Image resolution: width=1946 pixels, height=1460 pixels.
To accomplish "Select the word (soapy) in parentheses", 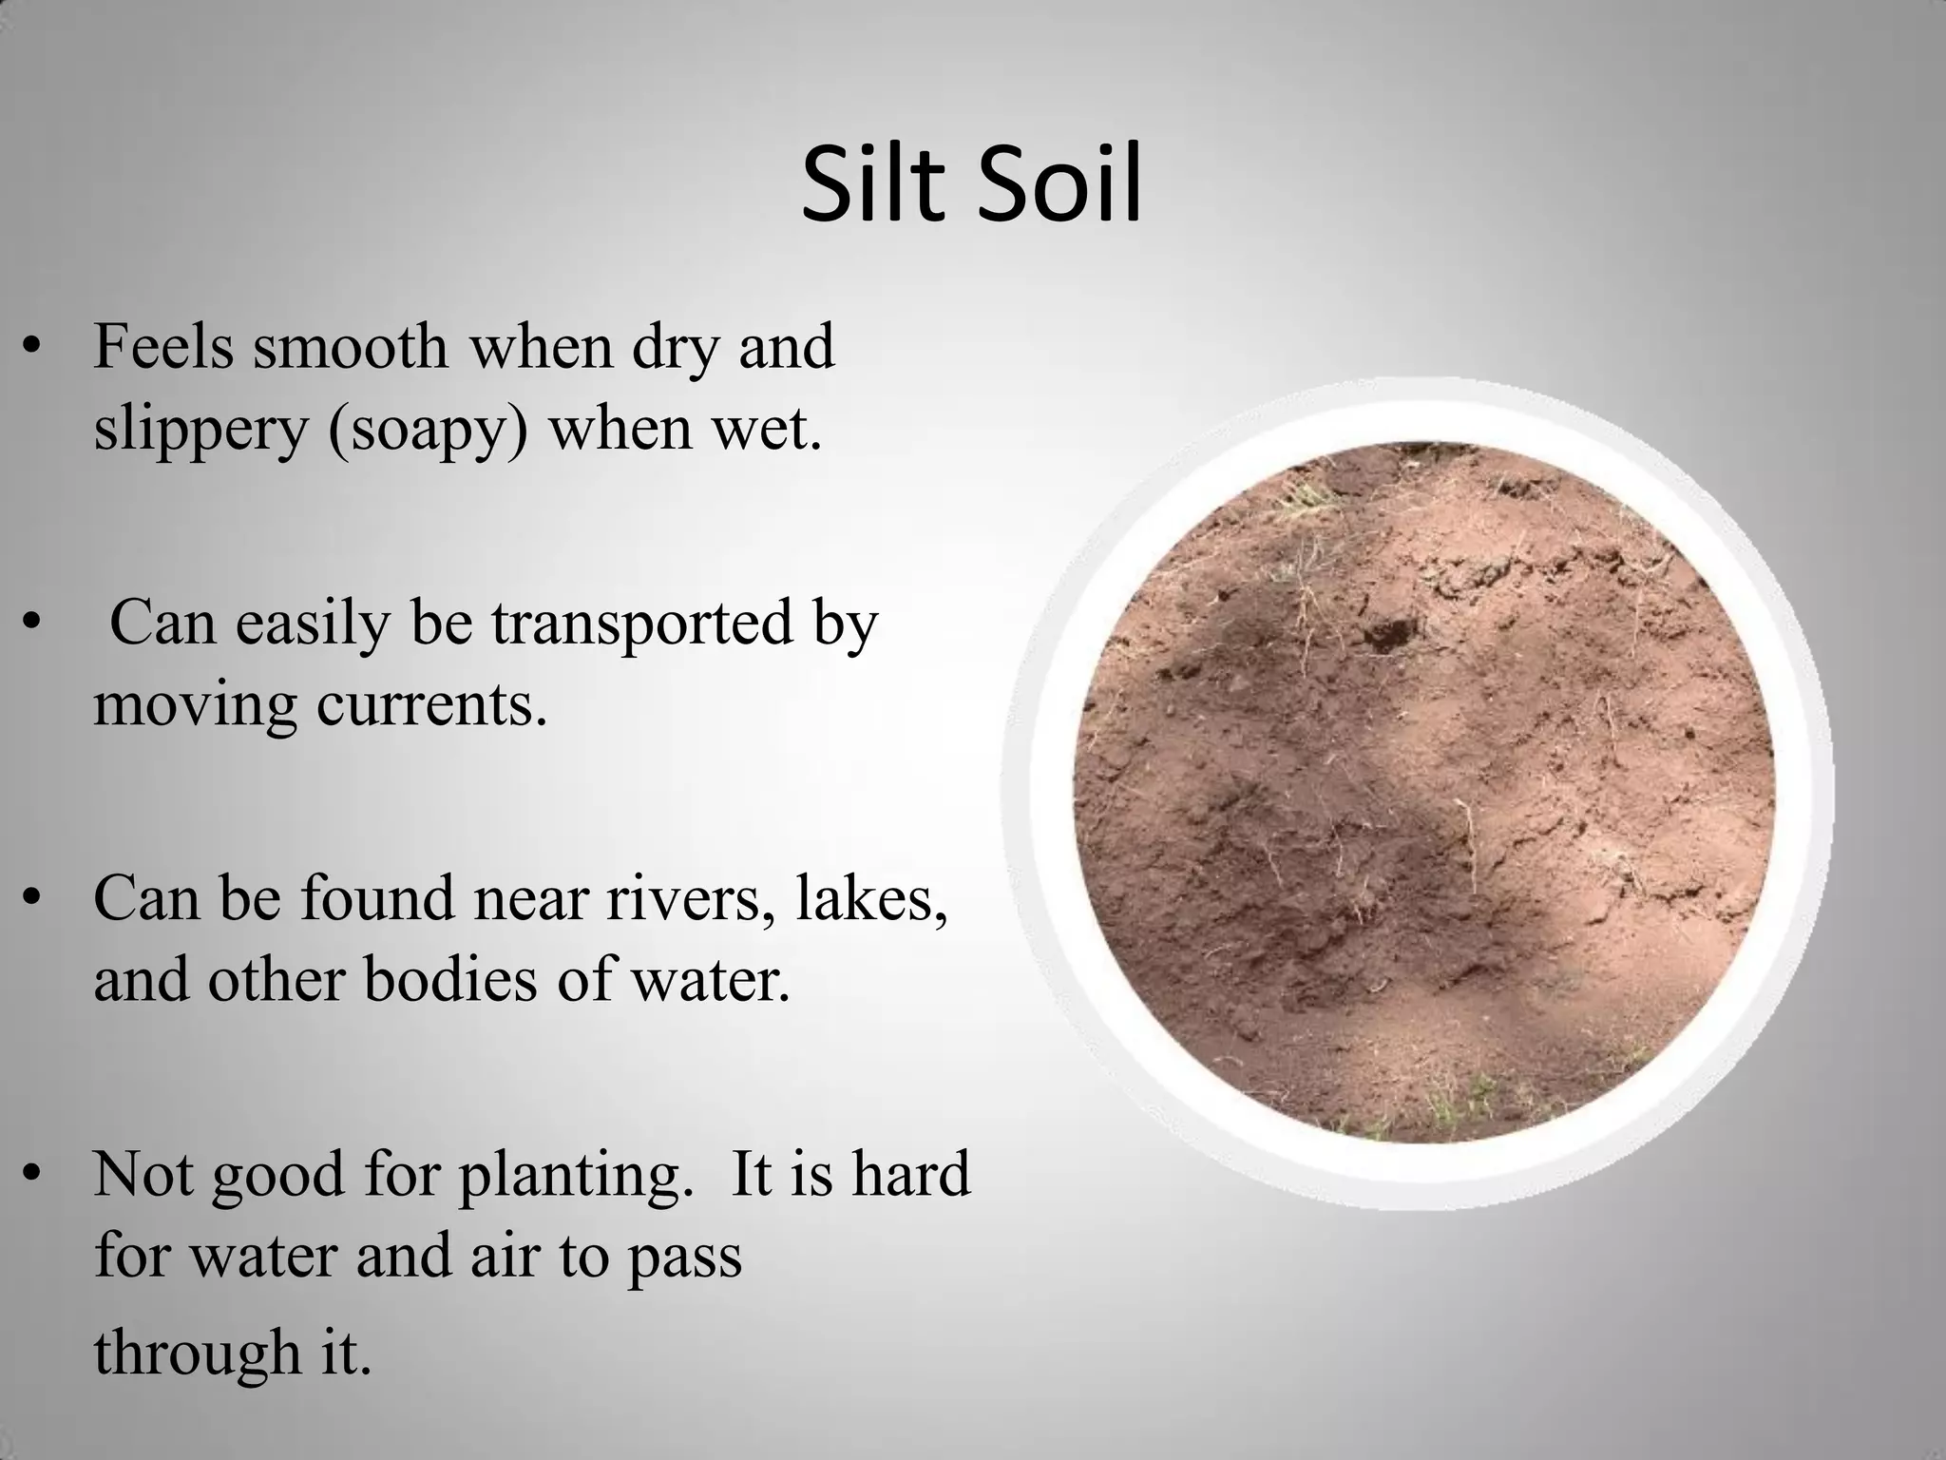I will (x=428, y=430).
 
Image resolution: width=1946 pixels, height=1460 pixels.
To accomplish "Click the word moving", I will (x=195, y=705).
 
